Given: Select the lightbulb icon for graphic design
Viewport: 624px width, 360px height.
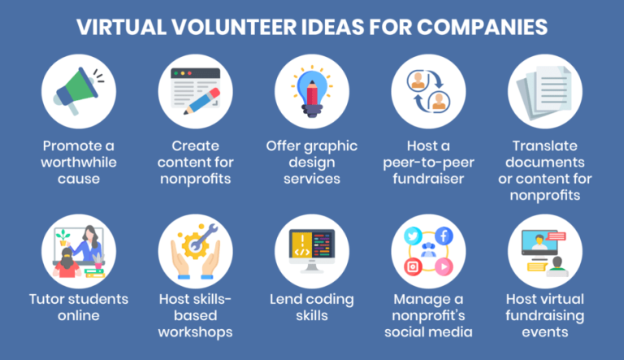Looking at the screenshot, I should click(x=311, y=87).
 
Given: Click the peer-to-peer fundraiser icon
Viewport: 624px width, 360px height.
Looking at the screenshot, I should click(x=427, y=87).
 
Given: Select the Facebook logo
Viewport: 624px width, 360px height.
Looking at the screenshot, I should click(x=443, y=236).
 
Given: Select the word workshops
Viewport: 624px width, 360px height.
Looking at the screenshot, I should click(x=195, y=332).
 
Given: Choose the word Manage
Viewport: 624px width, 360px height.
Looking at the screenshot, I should click(x=414, y=299).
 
